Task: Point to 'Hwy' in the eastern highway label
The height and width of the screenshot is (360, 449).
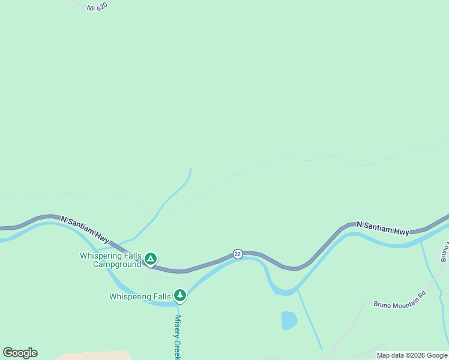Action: [402, 231]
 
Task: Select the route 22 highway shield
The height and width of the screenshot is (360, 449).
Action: [238, 254]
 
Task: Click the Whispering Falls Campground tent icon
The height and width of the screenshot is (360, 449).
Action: [151, 259]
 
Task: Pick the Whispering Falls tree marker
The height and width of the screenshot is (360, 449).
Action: [179, 295]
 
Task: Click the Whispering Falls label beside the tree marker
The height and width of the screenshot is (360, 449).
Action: [140, 296]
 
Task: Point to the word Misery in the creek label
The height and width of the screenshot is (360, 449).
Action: [178, 326]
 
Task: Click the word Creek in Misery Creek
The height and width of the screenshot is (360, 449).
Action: [178, 349]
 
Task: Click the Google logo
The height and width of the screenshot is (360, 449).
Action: [20, 353]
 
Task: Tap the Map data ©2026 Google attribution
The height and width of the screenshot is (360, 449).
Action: [412, 356]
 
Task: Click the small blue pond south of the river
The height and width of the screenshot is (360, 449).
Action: [289, 320]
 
